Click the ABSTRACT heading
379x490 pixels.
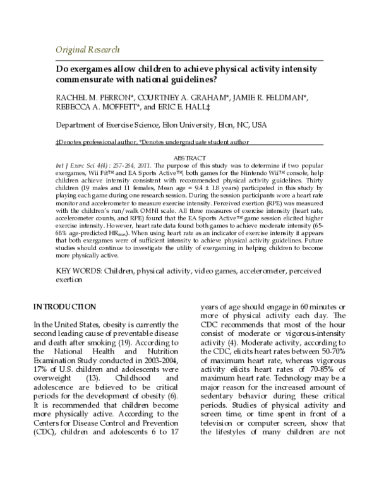point(189,157)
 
